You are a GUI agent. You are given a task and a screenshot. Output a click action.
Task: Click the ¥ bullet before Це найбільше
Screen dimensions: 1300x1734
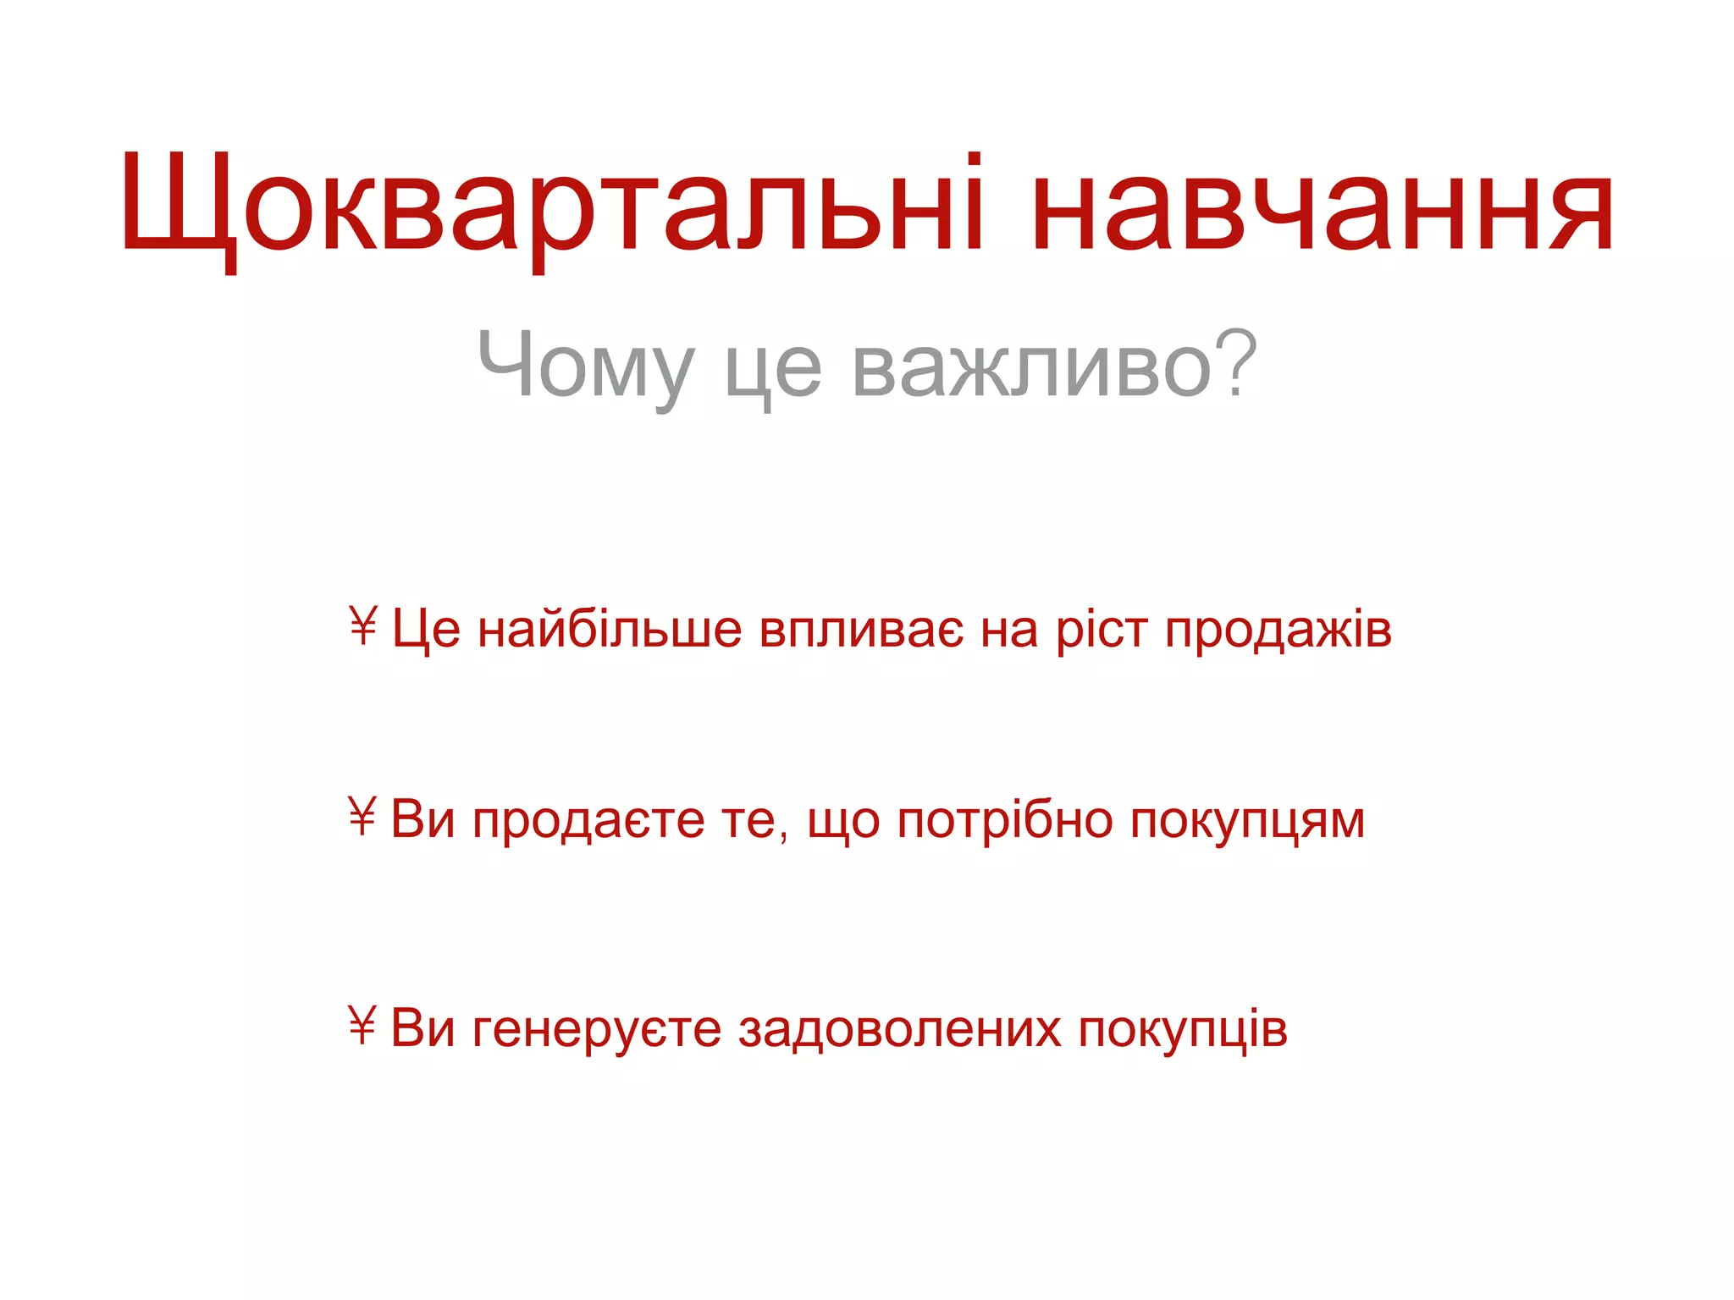[362, 626]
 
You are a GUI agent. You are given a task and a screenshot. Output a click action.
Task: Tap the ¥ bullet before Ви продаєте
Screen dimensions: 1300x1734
[362, 817]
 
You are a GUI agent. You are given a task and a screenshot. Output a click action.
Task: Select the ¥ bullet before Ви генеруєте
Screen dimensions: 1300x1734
[362, 1026]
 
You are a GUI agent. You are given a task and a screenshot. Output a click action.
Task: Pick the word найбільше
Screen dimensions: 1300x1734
[610, 631]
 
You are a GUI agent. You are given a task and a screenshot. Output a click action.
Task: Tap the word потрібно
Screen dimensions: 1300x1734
[1004, 821]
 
